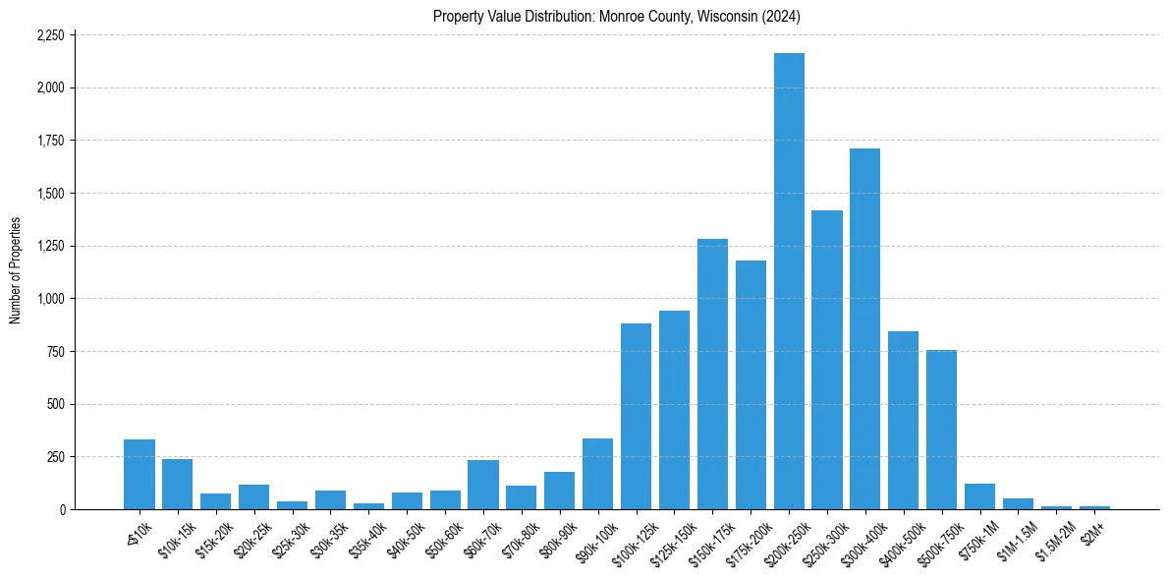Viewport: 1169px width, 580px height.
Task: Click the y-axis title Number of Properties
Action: [16, 271]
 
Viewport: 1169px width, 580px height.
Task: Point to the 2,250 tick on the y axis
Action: [50, 35]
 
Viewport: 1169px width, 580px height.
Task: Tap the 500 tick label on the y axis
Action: [55, 404]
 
